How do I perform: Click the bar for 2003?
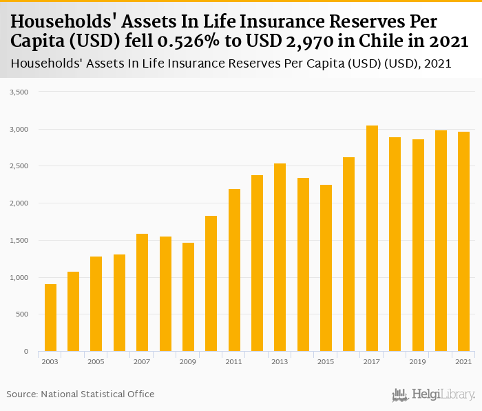[50, 318]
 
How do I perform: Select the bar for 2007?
[142, 292]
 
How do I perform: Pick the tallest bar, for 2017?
[372, 239]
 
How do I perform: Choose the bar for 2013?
[280, 257]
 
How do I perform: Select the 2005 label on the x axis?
[96, 361]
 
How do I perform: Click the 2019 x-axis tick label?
[418, 361]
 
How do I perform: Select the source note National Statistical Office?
[97, 394]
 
